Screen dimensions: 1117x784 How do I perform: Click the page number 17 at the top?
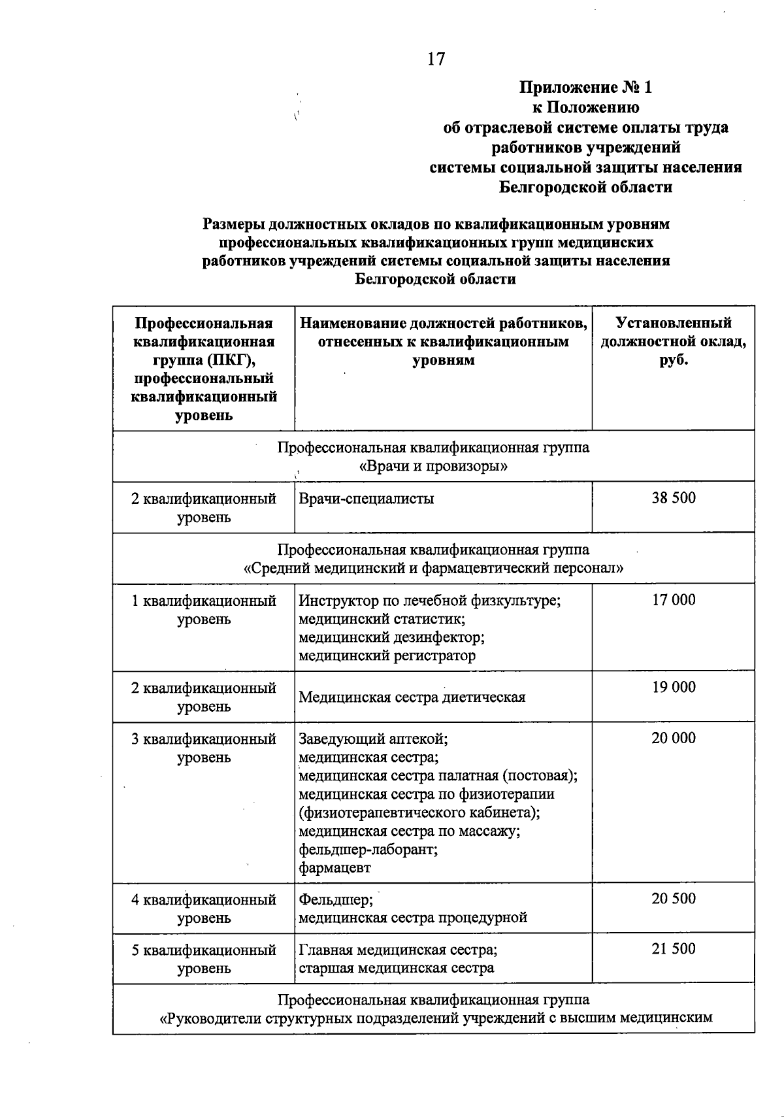click(436, 59)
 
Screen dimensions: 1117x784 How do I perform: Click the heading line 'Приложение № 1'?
click(585, 87)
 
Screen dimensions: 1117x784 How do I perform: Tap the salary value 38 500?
click(674, 498)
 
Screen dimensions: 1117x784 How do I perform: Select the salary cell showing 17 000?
click(674, 600)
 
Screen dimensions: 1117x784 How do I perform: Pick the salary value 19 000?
click(674, 687)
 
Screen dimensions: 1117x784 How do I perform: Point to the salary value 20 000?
click(674, 738)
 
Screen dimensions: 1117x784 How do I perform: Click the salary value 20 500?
click(674, 899)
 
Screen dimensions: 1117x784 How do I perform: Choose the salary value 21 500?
click(674, 949)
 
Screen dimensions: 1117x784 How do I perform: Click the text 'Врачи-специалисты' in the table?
click(367, 499)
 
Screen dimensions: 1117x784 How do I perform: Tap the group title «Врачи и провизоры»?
click(434, 467)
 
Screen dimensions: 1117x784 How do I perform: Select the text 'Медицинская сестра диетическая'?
click(412, 697)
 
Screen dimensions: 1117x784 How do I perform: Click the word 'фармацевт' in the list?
click(335, 868)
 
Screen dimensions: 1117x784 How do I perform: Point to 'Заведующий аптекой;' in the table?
click(373, 739)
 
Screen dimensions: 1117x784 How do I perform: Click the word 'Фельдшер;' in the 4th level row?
click(336, 899)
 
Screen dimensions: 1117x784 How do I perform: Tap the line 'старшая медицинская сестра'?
click(397, 968)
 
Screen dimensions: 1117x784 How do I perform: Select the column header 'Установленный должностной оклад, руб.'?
click(674, 341)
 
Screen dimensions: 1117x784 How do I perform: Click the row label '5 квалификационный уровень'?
click(204, 959)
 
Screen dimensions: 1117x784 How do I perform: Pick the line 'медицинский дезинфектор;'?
click(391, 637)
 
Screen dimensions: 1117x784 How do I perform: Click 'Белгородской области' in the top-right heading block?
click(585, 188)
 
